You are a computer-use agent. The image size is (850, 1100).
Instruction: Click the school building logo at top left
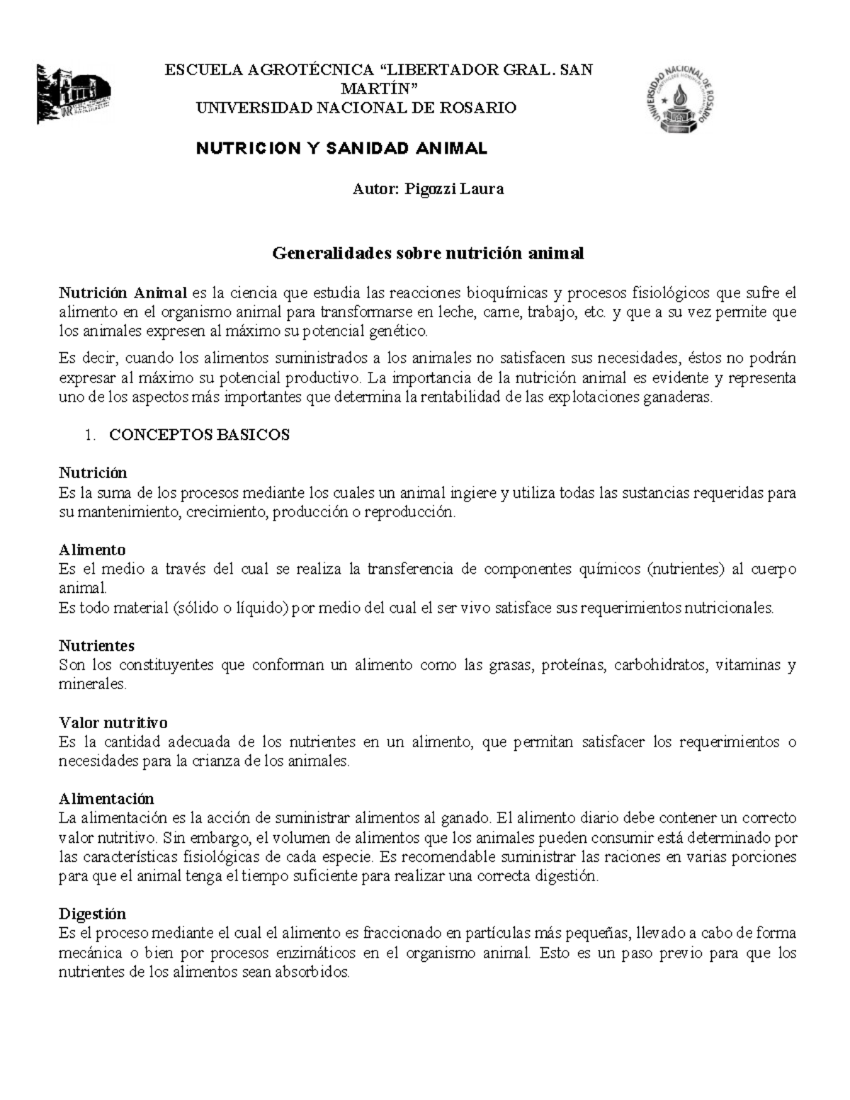pos(73,94)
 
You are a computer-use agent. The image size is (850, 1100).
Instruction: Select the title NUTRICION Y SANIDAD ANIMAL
pos(341,149)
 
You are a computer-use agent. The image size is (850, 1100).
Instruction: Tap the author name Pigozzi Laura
pos(453,189)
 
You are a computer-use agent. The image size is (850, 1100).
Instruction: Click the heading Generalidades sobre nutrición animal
pos(428,254)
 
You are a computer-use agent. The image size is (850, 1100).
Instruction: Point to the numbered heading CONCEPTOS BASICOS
pos(199,436)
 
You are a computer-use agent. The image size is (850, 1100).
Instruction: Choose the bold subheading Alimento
pos(92,550)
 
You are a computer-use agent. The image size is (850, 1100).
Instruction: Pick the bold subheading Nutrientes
pos(96,646)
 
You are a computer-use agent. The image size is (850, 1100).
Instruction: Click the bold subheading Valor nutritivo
pos(113,723)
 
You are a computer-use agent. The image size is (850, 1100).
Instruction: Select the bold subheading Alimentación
pos(106,799)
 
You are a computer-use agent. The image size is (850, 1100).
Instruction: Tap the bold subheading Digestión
pos(92,914)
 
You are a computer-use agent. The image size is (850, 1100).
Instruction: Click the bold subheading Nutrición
pos(93,473)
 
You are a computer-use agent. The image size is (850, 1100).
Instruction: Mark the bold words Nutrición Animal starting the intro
pos(123,293)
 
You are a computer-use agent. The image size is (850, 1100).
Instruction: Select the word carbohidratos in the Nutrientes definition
pos(659,665)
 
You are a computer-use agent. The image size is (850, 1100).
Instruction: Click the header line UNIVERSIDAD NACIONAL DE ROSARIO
pos(356,108)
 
